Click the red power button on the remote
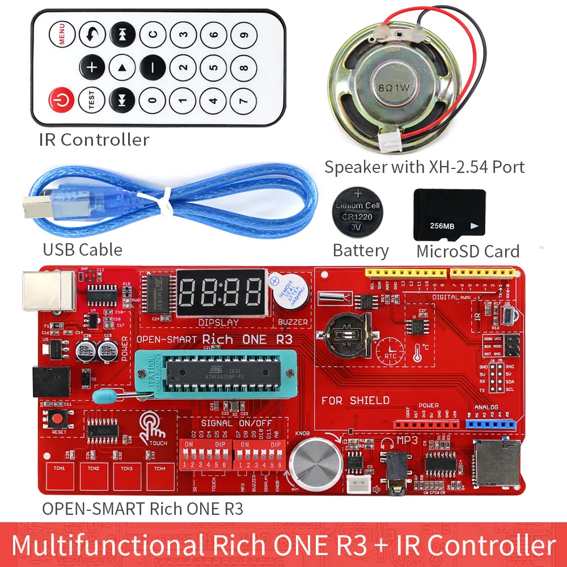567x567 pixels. pyautogui.click(x=62, y=101)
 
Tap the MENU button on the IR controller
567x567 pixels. pyautogui.click(x=62, y=35)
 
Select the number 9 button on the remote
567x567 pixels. pyautogui.click(x=244, y=35)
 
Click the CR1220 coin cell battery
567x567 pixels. pyautogui.click(x=358, y=215)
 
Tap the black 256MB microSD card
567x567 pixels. pyautogui.click(x=449, y=215)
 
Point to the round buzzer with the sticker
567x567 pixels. pyautogui.click(x=288, y=292)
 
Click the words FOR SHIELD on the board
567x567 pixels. pyautogui.click(x=355, y=400)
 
